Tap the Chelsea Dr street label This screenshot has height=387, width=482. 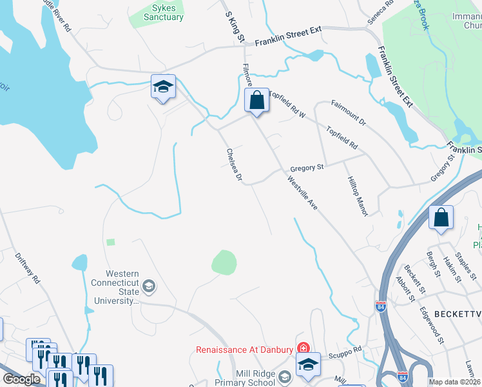(234, 164)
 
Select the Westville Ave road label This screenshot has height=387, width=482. (303, 194)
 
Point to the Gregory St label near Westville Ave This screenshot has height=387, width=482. (306, 167)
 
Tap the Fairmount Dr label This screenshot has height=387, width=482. (348, 112)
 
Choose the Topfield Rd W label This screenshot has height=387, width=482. (287, 103)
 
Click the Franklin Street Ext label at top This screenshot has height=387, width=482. (287, 42)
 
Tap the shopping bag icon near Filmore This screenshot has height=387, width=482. (256, 101)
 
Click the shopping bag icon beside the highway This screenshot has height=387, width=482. (441, 218)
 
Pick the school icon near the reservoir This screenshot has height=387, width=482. (163, 87)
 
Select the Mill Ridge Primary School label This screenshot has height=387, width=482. (237, 377)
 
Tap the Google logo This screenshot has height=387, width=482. (21, 379)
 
